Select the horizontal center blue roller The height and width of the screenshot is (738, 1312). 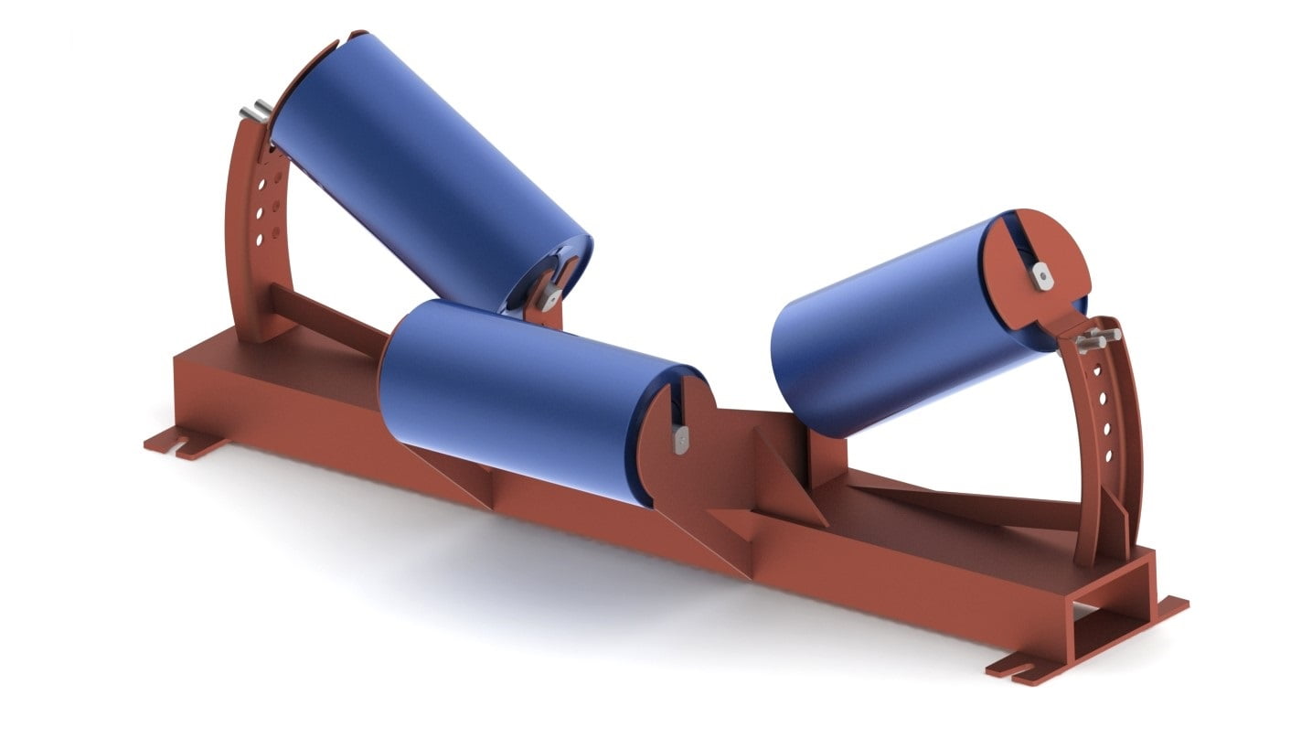point(521,398)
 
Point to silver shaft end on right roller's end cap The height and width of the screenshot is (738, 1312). point(1041,273)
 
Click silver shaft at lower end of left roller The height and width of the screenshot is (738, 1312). point(549,294)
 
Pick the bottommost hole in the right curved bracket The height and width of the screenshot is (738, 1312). point(1110,455)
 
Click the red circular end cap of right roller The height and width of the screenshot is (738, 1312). point(1042,261)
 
